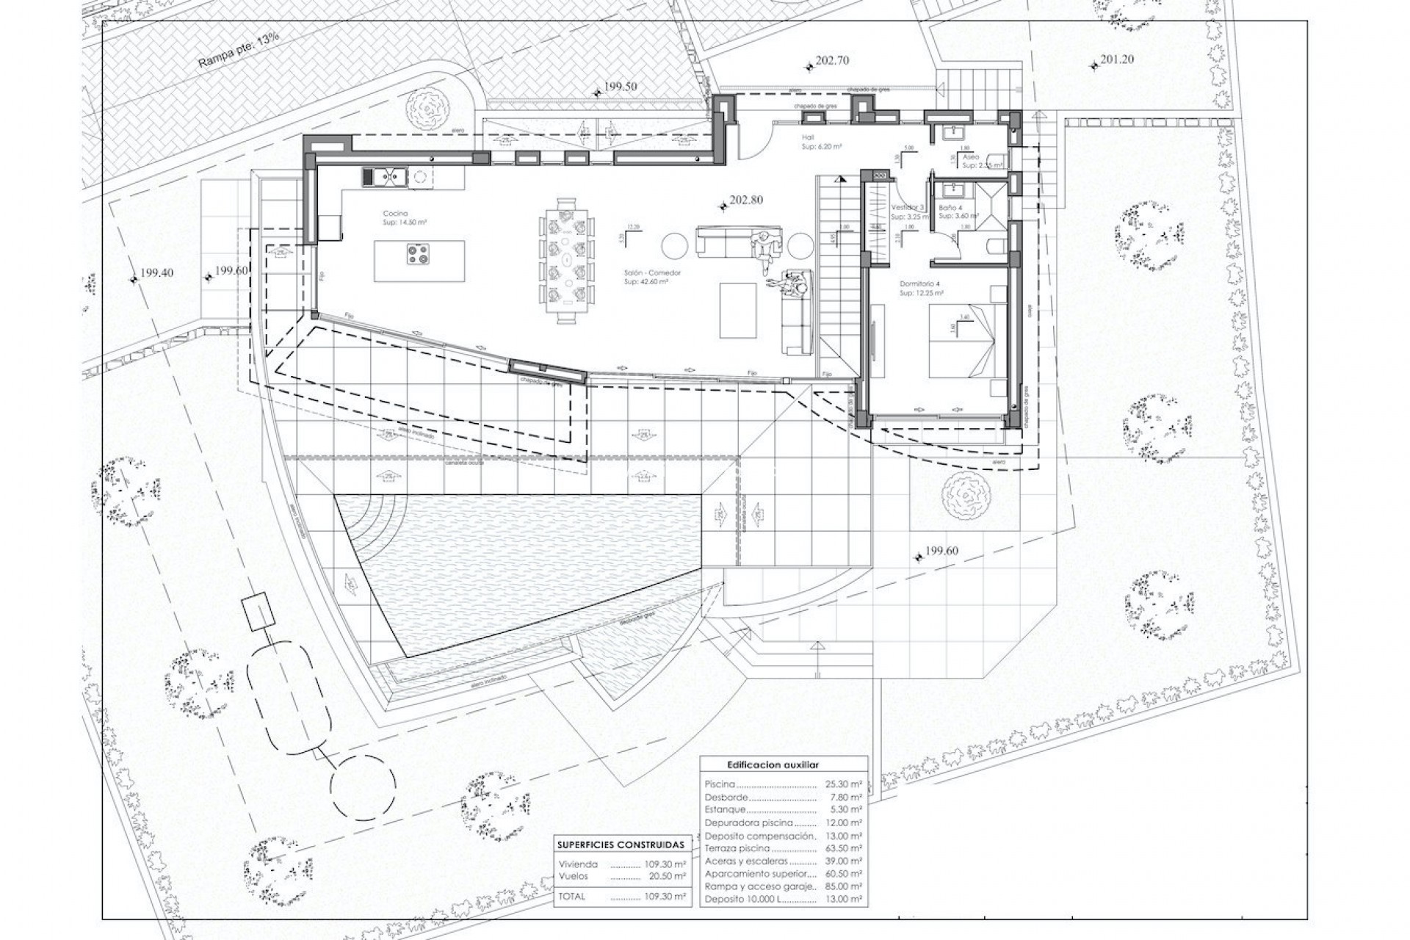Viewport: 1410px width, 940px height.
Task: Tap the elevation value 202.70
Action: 832,61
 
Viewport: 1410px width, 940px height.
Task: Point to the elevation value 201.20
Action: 1117,59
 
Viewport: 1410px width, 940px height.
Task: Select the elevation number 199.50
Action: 621,87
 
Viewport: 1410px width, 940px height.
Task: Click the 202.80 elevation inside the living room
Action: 746,200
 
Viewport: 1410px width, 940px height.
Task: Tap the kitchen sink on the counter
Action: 386,176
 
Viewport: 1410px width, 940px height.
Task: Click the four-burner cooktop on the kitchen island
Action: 419,254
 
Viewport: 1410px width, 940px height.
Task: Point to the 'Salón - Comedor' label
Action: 653,273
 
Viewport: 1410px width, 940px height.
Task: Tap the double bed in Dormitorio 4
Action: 960,341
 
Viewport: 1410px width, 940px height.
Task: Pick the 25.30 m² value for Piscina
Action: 843,784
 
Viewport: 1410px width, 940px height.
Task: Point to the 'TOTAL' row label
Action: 572,897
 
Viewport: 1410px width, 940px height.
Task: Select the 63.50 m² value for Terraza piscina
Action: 843,847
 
